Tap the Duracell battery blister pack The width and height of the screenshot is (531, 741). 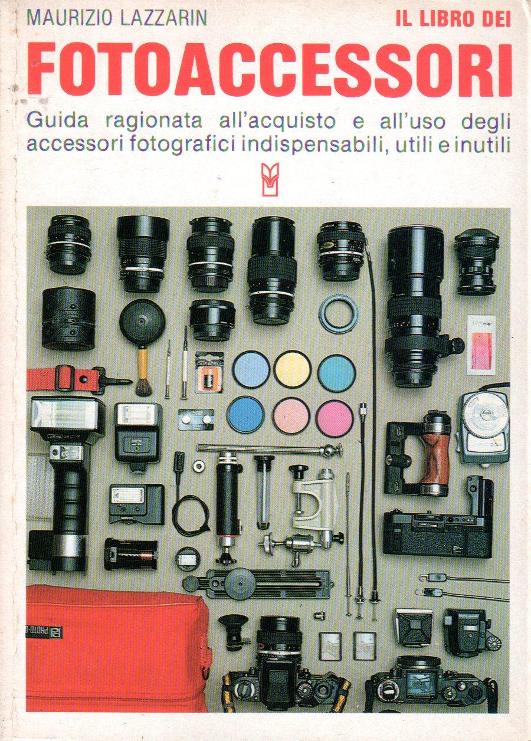tap(209, 372)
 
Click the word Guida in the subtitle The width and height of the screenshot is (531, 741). tap(58, 121)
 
